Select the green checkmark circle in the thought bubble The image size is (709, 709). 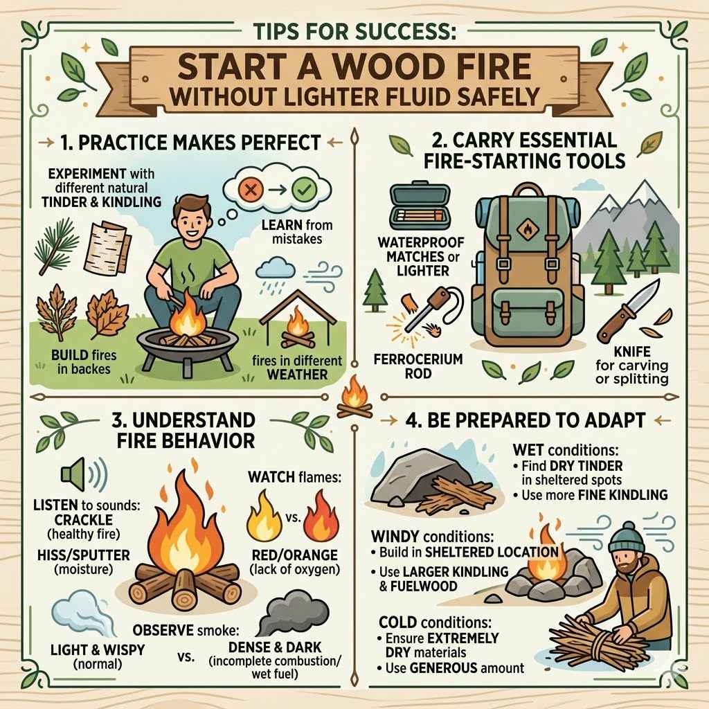point(303,189)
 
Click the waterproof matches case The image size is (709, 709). point(418,207)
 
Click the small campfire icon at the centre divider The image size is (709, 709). point(354,397)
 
